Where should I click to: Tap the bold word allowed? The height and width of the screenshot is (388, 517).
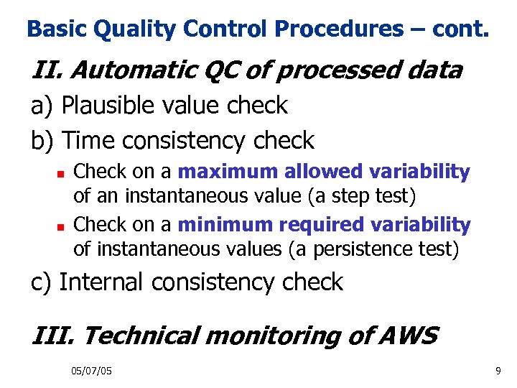click(323, 172)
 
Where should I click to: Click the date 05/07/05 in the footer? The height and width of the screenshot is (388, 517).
click(91, 371)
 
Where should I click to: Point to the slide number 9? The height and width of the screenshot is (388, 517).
click(498, 371)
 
